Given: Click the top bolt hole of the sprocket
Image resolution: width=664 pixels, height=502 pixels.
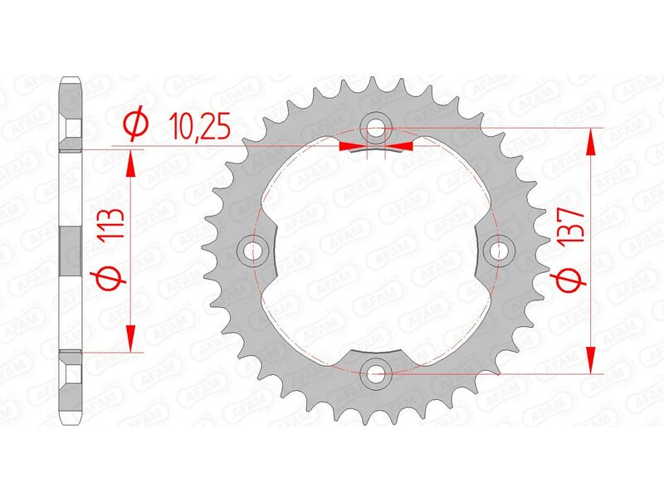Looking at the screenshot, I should [378, 128].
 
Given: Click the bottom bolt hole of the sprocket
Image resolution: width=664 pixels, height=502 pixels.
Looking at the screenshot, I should [378, 373].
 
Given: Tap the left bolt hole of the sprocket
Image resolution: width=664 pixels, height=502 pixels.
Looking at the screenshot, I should [255, 250].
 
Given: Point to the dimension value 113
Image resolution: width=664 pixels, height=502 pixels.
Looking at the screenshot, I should [113, 227].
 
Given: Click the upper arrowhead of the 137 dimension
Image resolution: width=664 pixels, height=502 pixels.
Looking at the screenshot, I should [591, 141].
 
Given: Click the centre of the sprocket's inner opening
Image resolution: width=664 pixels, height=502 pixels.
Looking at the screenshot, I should [378, 251].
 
